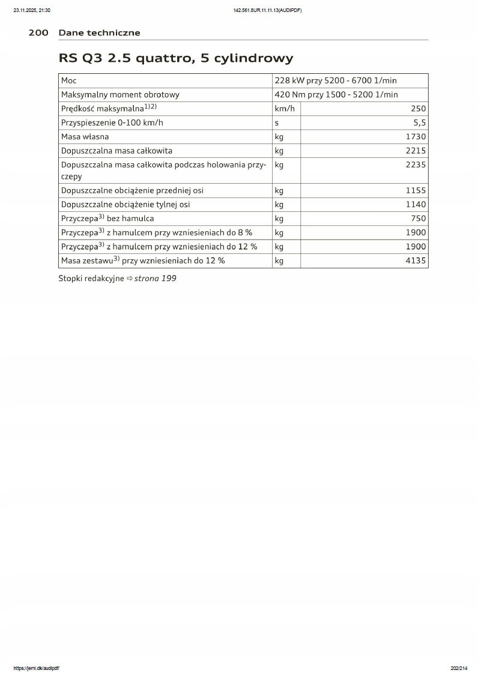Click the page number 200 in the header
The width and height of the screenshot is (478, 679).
point(38,32)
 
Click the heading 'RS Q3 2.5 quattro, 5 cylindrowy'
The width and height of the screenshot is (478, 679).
point(176,58)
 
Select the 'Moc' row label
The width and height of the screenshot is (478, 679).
point(69,80)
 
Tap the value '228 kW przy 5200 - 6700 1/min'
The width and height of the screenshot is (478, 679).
point(336,80)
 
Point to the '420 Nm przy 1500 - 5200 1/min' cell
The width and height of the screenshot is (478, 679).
point(336,94)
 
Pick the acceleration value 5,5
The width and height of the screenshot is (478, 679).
point(420,122)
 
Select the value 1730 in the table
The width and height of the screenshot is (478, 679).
point(416,136)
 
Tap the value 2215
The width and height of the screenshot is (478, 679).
point(416,151)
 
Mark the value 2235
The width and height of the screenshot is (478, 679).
point(416,164)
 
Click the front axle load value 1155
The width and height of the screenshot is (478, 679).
point(416,190)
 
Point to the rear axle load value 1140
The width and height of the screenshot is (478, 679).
point(416,205)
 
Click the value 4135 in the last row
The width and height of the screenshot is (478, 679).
point(416,261)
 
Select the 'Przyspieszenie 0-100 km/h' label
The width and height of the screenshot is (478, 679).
point(112,122)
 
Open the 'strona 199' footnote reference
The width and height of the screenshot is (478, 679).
point(155,279)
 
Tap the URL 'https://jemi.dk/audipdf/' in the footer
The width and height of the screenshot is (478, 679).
point(36,668)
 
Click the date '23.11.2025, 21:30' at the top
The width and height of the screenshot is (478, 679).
point(32,10)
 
